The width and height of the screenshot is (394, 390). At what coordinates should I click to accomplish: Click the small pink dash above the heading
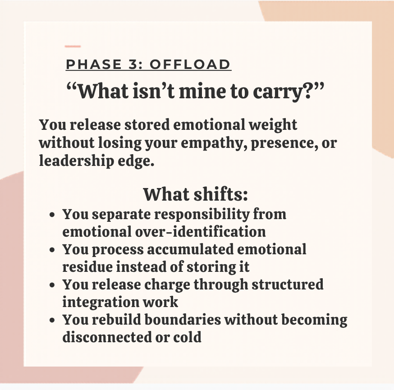click(73, 46)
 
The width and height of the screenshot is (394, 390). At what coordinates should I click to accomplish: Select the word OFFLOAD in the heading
click(190, 64)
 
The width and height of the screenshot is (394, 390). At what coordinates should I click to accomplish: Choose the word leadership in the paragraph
click(76, 161)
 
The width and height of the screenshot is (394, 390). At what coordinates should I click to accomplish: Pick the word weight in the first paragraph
click(273, 125)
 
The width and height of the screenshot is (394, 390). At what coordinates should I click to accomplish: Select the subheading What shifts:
click(196, 194)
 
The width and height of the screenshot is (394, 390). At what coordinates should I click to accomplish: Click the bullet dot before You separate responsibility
click(52, 215)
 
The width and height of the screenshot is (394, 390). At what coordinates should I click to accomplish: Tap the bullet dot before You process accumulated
click(52, 250)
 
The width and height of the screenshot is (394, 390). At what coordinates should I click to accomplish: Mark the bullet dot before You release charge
click(52, 285)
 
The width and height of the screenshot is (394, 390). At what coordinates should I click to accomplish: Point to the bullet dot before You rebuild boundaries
click(52, 321)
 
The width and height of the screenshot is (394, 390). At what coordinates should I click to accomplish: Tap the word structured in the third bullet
click(288, 284)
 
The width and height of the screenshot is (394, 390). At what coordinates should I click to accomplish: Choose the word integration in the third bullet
click(101, 303)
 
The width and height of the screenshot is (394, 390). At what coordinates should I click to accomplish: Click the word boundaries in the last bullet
click(183, 320)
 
